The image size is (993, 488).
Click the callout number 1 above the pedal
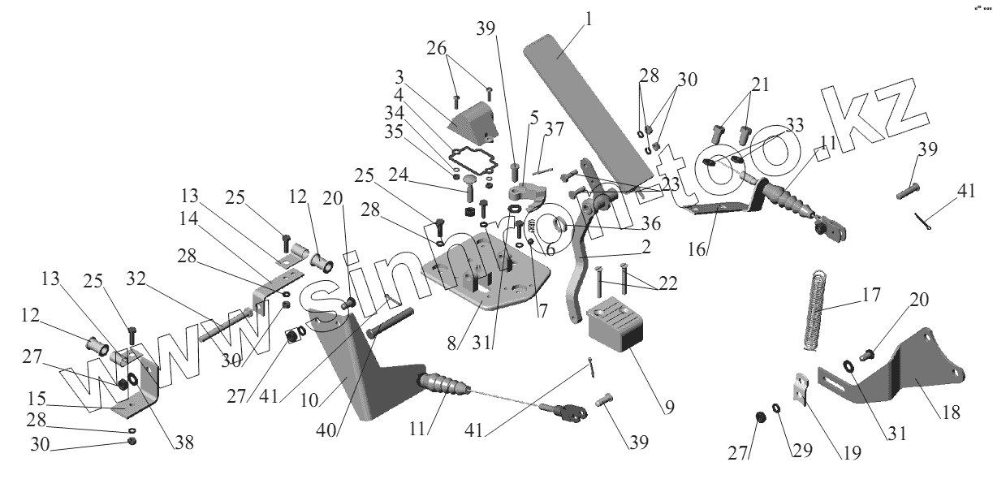tap(588, 19)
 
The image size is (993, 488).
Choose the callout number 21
tap(760, 84)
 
